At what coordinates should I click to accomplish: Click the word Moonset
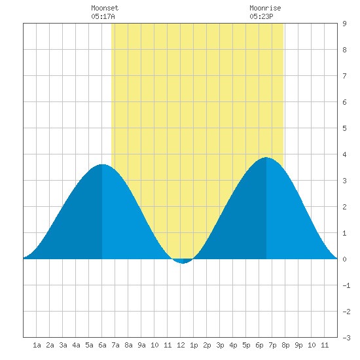pos(105,8)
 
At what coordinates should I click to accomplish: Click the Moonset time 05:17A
pos(103,16)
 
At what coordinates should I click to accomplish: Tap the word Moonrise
pos(265,8)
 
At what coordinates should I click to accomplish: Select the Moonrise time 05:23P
pos(261,16)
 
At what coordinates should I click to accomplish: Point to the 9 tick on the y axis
pos(344,24)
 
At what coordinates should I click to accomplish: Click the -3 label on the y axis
pos(346,338)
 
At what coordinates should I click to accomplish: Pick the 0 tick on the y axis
pos(344,259)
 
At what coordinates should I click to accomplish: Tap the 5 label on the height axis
pos(344,128)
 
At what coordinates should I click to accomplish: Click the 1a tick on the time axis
pos(37,345)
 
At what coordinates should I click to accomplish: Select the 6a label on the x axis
pos(102,345)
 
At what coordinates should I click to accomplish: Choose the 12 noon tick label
pos(181,345)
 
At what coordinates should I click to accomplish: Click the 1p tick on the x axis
pos(194,345)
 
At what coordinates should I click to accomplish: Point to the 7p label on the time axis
pos(272,345)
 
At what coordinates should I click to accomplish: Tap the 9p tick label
pos(298,345)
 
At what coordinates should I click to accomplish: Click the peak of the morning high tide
pos(102,164)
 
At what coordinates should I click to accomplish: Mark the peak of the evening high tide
pos(266,158)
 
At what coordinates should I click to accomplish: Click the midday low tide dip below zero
pos(183,262)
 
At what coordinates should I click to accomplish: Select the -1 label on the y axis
pos(346,285)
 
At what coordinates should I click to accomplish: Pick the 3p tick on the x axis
pos(220,345)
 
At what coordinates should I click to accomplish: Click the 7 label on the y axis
pos(344,76)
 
